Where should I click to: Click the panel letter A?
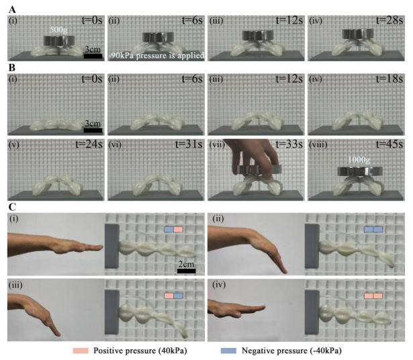tap(12, 10)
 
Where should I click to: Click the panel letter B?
tap(12, 68)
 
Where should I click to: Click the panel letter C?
tap(12, 208)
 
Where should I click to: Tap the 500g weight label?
tap(58, 30)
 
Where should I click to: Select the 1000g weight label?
tap(359, 160)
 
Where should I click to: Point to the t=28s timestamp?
tap(389, 21)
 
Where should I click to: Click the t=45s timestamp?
tap(389, 144)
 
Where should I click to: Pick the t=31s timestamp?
tap(189, 144)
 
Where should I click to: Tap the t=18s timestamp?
tap(389, 79)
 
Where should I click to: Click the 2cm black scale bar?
tap(187, 271)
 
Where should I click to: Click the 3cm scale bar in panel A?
tap(93, 56)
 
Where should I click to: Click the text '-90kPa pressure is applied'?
tap(156, 56)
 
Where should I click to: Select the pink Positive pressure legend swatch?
tap(81, 351)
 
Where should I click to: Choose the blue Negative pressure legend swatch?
tap(228, 351)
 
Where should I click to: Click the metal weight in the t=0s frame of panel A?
tap(59, 40)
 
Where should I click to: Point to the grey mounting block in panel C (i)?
tap(111, 246)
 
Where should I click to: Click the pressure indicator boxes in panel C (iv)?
tap(373, 296)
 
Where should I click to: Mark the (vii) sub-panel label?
tap(216, 144)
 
